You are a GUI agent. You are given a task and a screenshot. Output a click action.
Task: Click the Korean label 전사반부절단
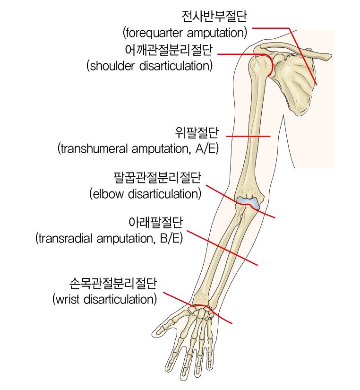(214, 17)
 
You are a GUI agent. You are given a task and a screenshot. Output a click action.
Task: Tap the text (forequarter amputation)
(185, 33)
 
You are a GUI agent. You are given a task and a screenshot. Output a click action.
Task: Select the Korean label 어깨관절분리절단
(169, 50)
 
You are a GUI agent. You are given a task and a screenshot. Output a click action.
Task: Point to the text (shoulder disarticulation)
(149, 66)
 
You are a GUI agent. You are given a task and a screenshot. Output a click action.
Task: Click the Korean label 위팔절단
(197, 132)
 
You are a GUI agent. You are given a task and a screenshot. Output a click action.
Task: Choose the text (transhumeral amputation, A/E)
(138, 149)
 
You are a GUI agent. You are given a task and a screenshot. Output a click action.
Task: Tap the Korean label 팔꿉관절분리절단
(157, 178)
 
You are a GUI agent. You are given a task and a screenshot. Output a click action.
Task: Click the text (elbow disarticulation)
(145, 194)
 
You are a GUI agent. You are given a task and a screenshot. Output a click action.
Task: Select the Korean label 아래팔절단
(155, 222)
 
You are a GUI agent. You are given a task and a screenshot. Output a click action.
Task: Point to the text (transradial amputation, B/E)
(109, 239)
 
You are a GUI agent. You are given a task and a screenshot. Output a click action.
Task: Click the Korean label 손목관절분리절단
(113, 283)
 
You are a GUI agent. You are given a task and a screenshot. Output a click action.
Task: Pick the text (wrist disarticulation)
(104, 299)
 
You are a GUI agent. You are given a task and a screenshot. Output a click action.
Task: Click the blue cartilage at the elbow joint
(248, 202)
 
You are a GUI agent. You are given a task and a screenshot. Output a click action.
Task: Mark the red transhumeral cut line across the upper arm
(248, 136)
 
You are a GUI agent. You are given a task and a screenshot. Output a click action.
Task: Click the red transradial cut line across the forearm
(222, 248)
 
